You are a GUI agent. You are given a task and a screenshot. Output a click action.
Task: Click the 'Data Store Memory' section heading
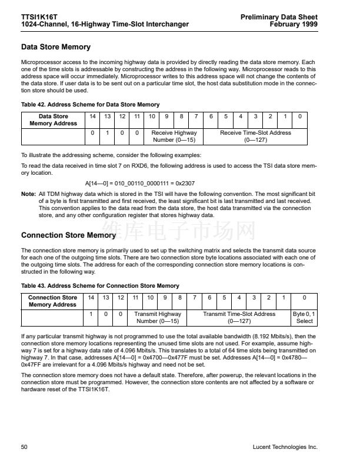click(x=55, y=46)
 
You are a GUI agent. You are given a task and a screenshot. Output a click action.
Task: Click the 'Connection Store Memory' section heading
click(x=68, y=235)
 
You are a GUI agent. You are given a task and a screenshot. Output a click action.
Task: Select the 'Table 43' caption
click(x=100, y=286)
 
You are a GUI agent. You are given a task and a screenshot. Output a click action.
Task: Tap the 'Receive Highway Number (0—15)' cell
click(x=174, y=137)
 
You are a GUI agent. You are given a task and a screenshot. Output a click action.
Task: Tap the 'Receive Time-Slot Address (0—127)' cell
click(x=255, y=137)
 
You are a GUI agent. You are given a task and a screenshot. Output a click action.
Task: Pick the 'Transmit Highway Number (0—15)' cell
click(x=158, y=318)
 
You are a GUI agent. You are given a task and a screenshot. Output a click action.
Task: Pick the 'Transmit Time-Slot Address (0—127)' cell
click(x=239, y=318)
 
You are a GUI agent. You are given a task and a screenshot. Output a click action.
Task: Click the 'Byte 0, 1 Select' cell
click(x=304, y=318)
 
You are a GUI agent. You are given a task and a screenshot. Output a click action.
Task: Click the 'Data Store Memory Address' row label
click(x=53, y=120)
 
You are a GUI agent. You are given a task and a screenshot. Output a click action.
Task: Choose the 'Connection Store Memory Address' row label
click(x=52, y=301)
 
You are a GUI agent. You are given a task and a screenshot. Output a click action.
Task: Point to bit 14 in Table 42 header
click(x=92, y=116)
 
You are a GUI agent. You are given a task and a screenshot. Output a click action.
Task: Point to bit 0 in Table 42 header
click(x=300, y=116)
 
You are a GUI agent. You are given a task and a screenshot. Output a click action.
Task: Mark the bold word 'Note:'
click(x=28, y=194)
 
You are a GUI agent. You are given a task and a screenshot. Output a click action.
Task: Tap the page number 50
click(x=25, y=447)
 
